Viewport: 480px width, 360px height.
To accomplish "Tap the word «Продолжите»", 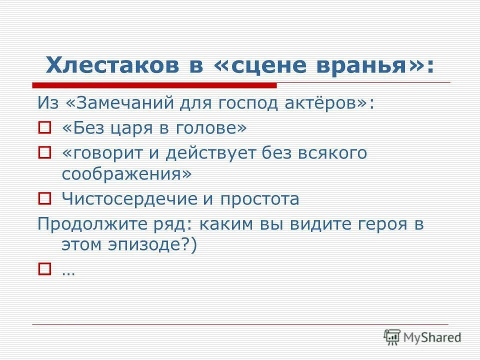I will (87, 223).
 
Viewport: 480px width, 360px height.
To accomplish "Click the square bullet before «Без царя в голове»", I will (45, 129).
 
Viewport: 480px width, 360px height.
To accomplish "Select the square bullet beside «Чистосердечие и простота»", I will (45, 199).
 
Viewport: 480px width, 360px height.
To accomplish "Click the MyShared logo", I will (422, 337).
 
